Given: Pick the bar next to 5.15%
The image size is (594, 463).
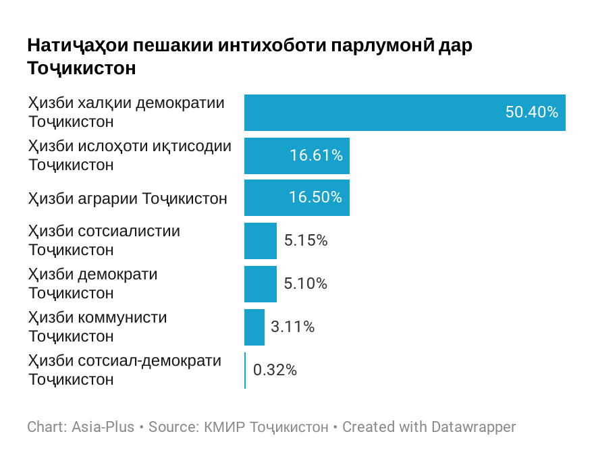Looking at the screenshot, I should click(261, 241).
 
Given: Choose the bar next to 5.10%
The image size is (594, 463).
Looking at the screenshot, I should click(261, 284).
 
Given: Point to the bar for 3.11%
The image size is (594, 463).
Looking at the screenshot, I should click(254, 327).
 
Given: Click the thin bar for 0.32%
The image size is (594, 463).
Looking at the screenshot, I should click(245, 370).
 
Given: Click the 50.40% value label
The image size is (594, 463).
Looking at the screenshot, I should click(531, 113).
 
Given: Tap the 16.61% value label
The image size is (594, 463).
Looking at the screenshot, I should click(316, 156).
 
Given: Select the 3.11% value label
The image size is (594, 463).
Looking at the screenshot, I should click(292, 327).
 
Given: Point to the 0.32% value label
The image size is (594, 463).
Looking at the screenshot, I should click(275, 370).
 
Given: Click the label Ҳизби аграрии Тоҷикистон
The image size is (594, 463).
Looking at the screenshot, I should click(128, 199).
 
